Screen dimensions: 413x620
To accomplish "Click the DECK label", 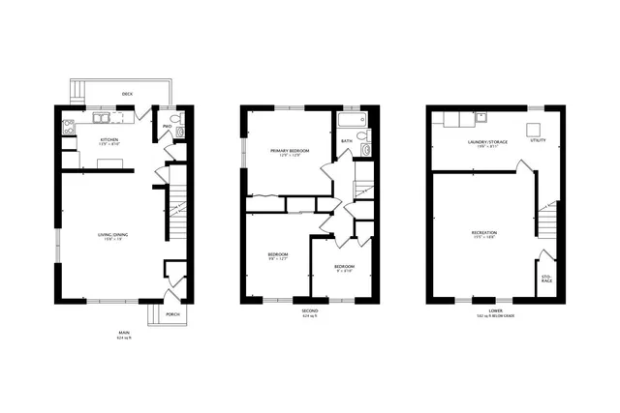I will point(127,94).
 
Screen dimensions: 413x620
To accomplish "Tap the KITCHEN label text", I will point(109,140).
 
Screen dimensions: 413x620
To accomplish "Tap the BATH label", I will point(346,142).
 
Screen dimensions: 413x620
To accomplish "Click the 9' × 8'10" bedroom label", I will point(344,267).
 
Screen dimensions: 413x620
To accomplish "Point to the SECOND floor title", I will point(310,311).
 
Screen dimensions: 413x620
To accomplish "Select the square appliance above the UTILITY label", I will point(533,129).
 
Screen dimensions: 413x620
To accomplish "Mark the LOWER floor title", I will point(495,310).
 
